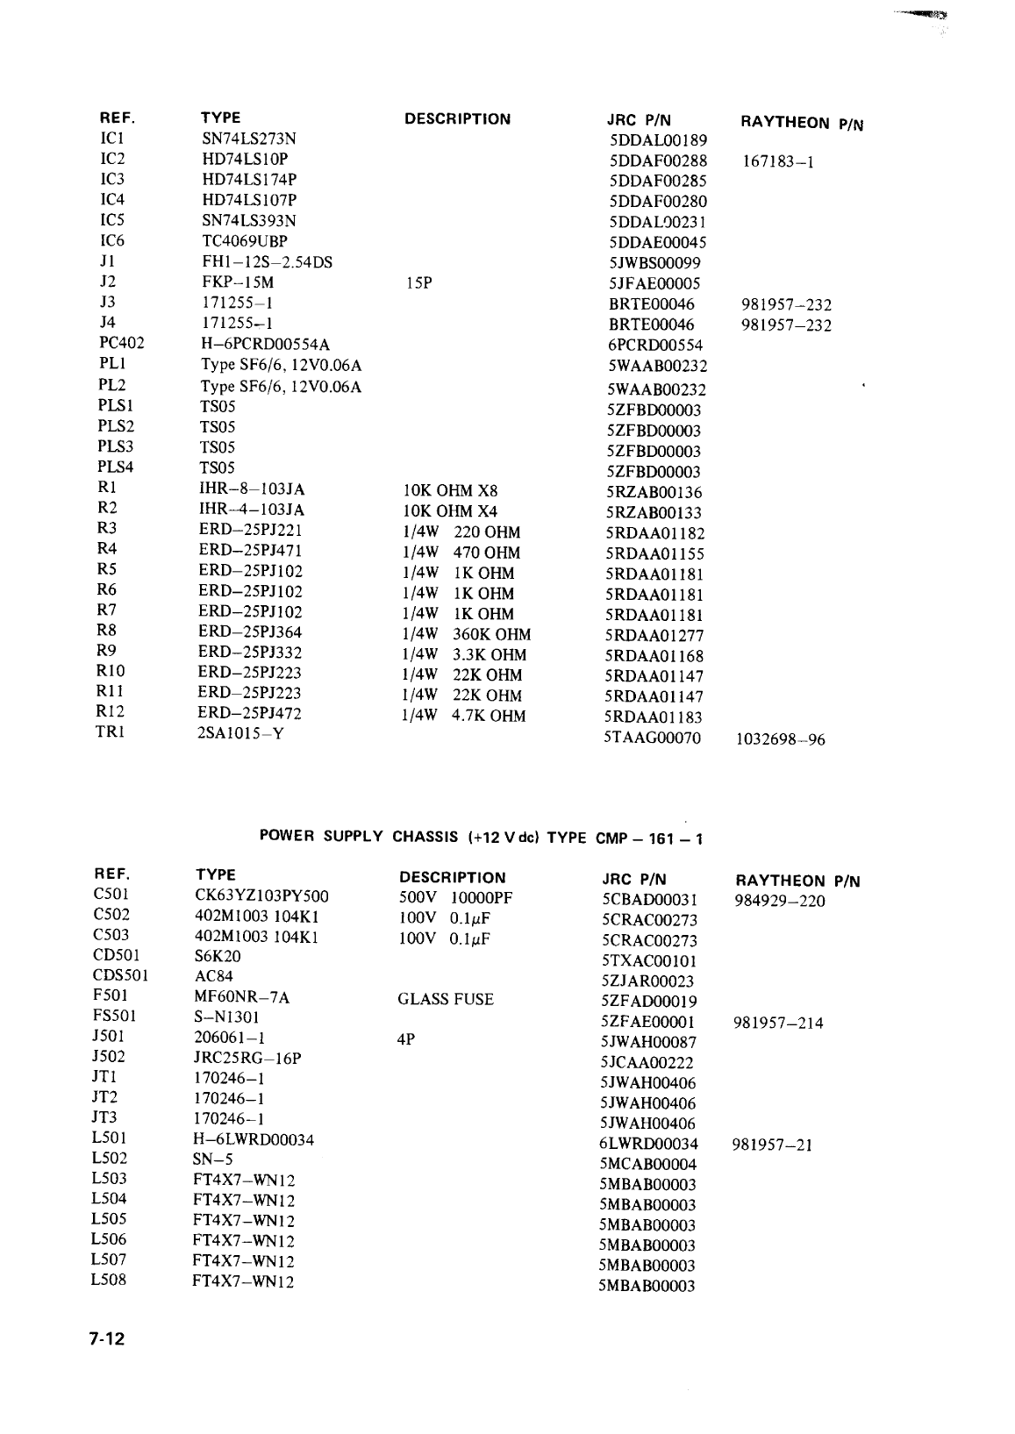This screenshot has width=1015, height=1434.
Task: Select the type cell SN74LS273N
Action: coord(249,139)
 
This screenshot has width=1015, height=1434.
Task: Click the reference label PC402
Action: coord(121,344)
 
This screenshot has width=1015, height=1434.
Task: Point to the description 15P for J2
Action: coord(418,282)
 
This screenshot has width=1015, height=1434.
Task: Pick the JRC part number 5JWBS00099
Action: coord(654,263)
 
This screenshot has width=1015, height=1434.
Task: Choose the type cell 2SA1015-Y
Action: coord(241,733)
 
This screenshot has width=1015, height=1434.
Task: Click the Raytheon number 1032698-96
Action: coord(780,739)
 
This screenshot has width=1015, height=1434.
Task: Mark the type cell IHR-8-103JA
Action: coord(252,489)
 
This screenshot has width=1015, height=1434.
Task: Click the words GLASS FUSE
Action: coord(445,999)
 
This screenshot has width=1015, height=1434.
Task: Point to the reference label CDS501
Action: coord(120,975)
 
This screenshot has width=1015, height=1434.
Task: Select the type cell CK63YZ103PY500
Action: coord(261,895)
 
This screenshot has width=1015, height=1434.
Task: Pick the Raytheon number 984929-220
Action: coord(779,901)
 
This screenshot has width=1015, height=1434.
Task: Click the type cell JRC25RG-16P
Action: coord(247,1058)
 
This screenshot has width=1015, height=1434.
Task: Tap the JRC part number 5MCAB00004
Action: coord(648,1164)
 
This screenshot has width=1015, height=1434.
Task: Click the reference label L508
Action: coord(109,1280)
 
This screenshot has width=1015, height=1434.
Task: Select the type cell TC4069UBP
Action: coord(245,240)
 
